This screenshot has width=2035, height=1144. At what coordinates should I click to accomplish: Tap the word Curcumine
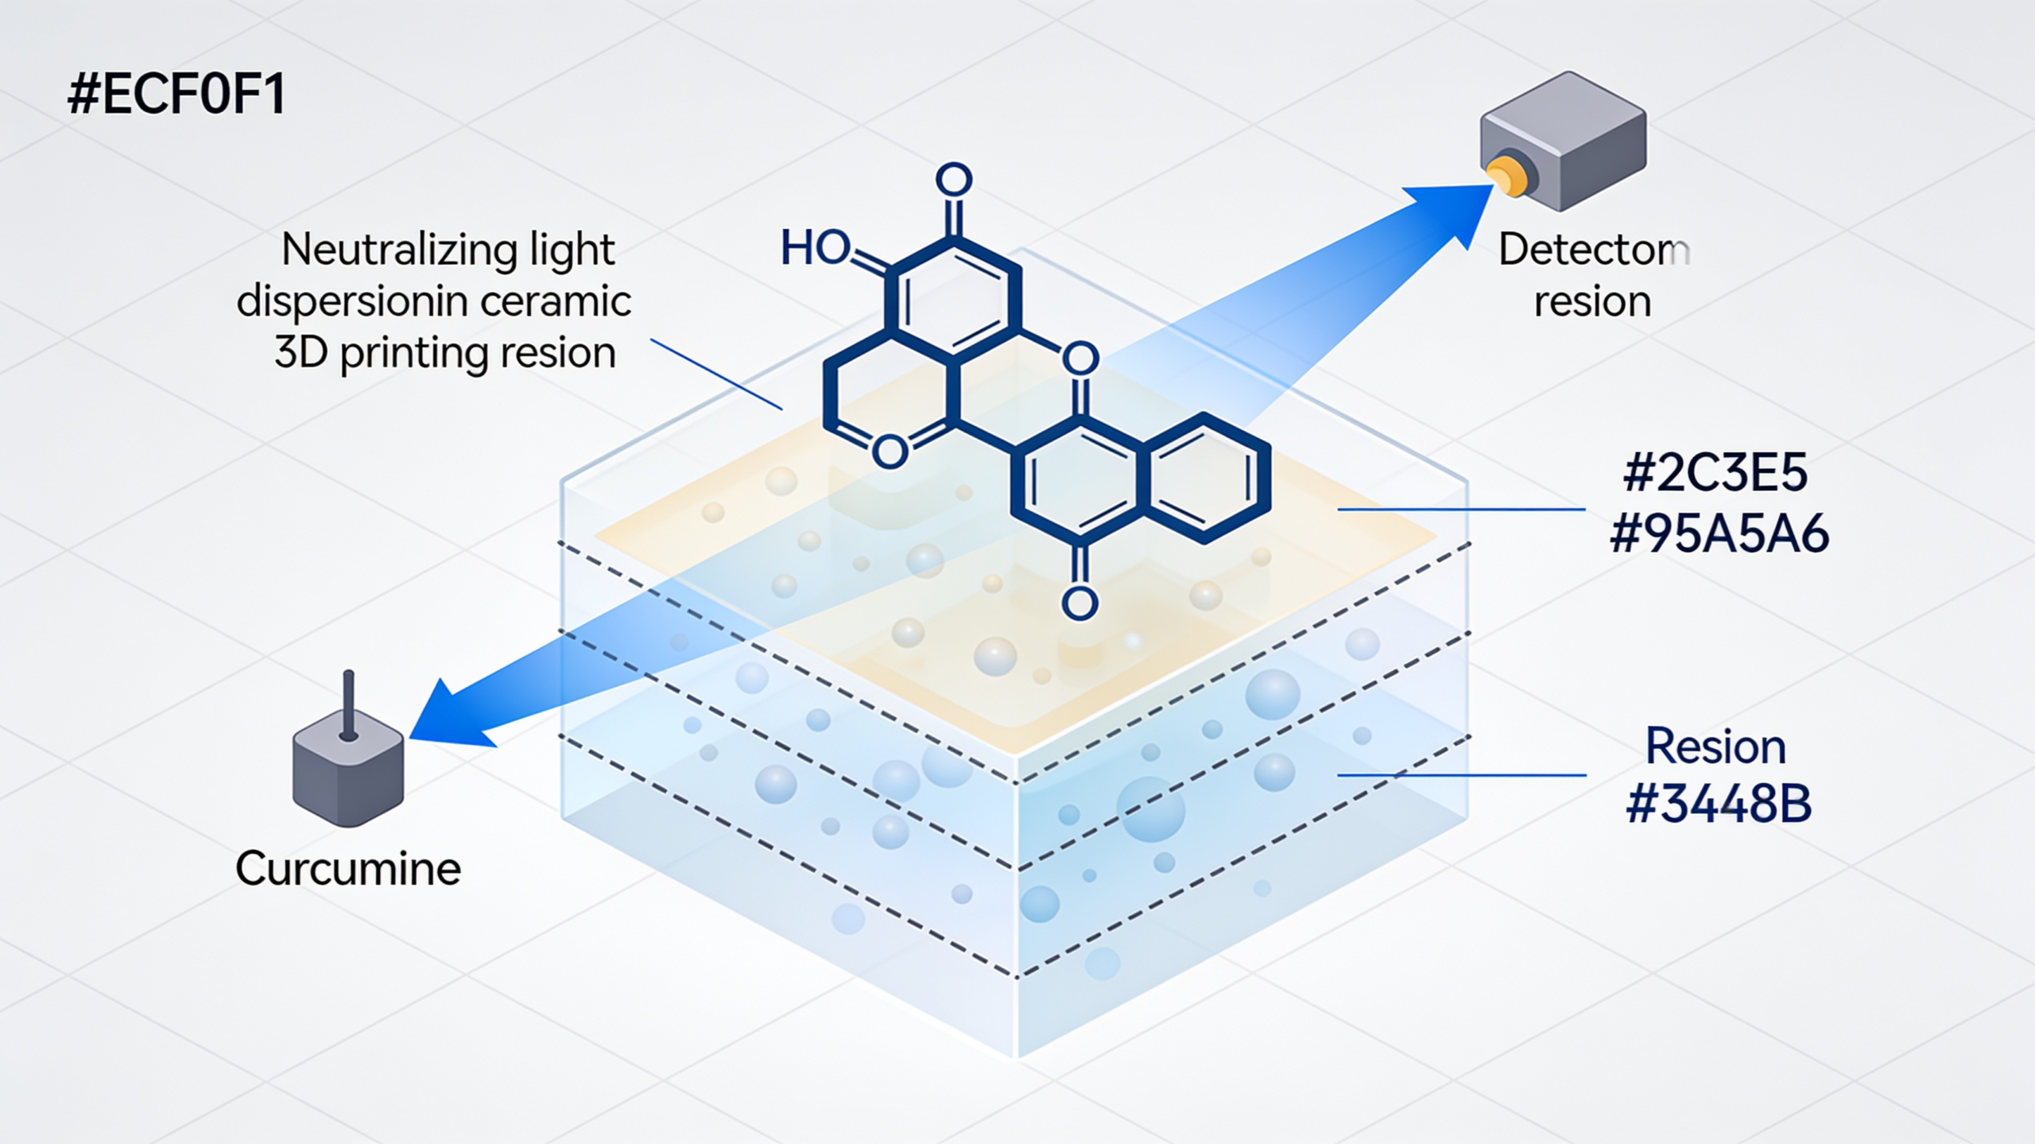[x=348, y=868]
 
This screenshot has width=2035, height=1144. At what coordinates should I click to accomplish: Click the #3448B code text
[x=1719, y=804]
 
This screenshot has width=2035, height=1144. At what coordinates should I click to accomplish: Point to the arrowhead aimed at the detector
[x=1455, y=211]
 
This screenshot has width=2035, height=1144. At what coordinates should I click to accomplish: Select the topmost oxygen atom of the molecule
[x=954, y=180]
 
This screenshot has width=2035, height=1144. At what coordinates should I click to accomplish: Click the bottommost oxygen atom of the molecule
[x=1080, y=604]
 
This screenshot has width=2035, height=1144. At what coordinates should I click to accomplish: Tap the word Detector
[x=1593, y=250]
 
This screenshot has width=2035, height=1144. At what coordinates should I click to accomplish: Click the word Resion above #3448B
[x=1715, y=747]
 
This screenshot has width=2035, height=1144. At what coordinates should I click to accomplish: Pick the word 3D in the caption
[x=301, y=352]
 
